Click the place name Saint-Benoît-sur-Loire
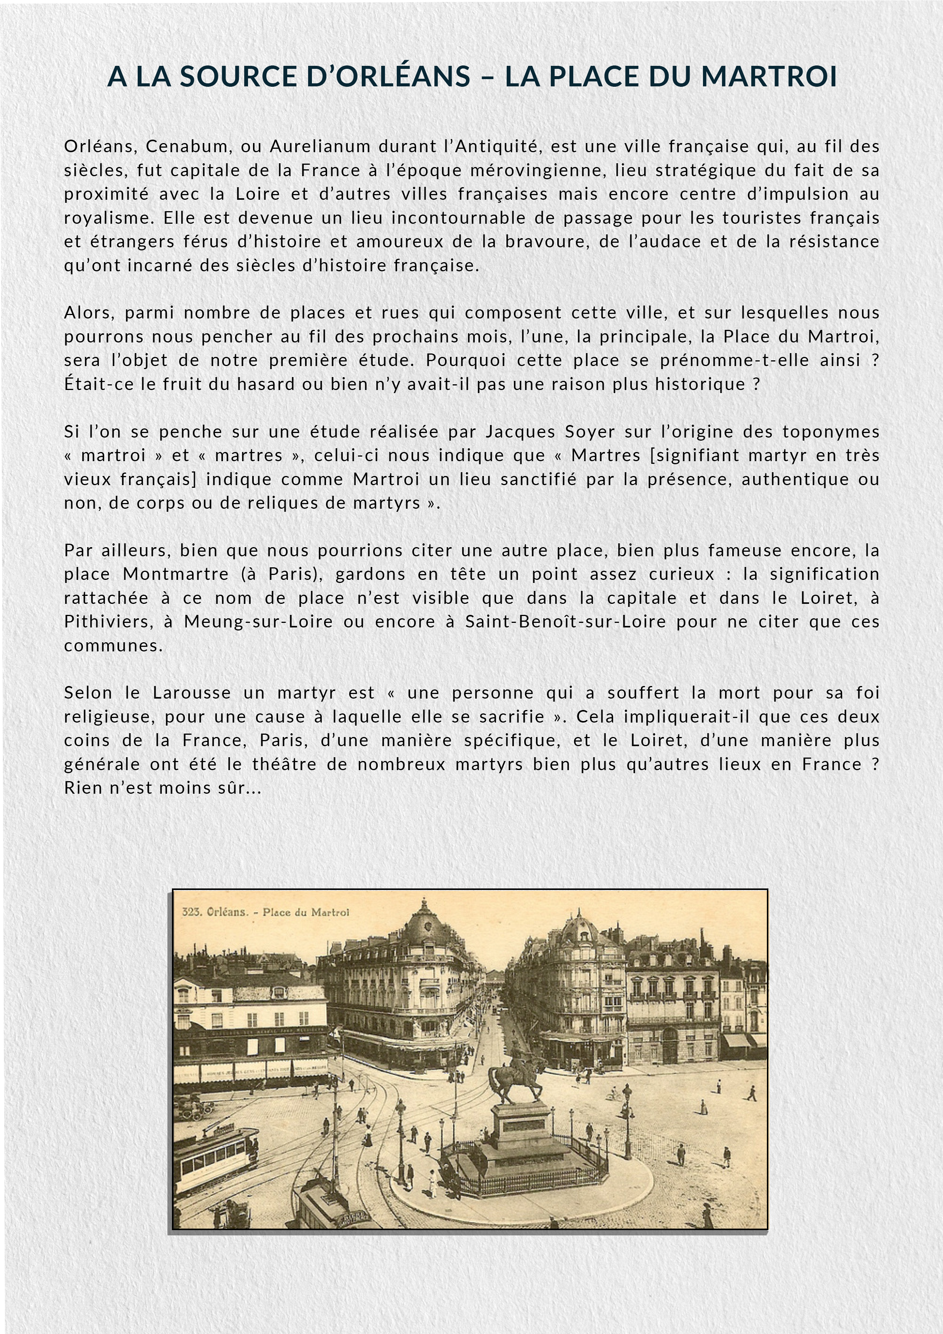tap(565, 622)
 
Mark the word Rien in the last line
tap(83, 788)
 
